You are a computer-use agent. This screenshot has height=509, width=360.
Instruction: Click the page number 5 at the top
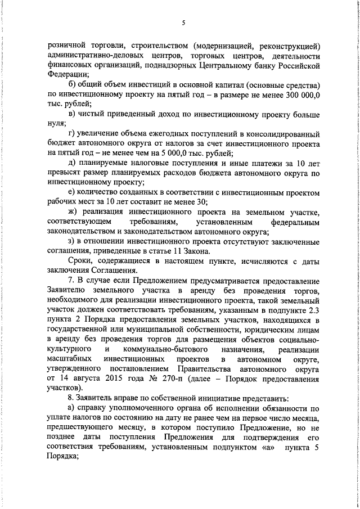tap(183, 23)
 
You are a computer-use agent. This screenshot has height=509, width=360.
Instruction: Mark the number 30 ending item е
tap(202, 201)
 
